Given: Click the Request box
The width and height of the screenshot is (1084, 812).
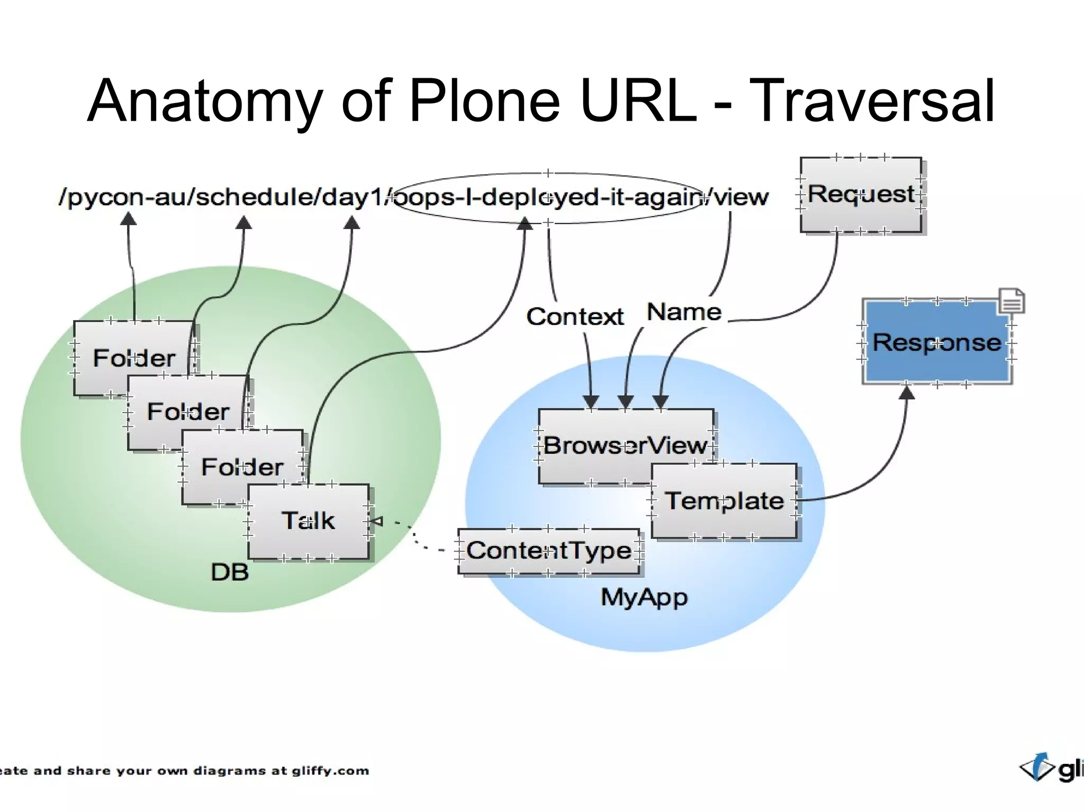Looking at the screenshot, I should pos(861,194).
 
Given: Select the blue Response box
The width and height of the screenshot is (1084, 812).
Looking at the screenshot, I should pos(936,342).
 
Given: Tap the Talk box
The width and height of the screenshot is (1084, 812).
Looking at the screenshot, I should pos(308,521).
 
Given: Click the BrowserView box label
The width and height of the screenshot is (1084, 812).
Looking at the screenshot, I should pos(625,445).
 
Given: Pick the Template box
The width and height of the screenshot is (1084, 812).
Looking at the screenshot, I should pos(724,501).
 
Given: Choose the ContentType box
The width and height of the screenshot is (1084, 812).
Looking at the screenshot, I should pos(548,551).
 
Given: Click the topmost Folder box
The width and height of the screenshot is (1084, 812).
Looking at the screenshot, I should pos(133,358).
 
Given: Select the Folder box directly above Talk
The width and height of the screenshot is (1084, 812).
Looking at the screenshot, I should pos(242,467).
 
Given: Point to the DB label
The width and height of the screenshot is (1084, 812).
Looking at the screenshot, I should pos(230,572).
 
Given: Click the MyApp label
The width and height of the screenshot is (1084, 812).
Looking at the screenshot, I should pos(644,598).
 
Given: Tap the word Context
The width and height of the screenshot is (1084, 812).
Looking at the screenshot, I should pos(575,317).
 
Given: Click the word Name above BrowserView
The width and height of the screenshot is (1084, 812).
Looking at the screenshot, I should pos(684,312).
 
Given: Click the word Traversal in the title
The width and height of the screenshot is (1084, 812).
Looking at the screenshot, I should pos(872,102).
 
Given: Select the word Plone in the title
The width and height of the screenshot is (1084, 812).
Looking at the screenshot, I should pos(484,102).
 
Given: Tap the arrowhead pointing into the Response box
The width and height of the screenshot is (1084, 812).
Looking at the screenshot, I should pos(907,393).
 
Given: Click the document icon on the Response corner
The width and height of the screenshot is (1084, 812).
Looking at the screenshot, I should pos(1011,302).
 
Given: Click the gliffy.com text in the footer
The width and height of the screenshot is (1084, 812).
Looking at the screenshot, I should pos(330,771).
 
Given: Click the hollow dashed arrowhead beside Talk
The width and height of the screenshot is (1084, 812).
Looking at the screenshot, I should pos(376,522).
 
